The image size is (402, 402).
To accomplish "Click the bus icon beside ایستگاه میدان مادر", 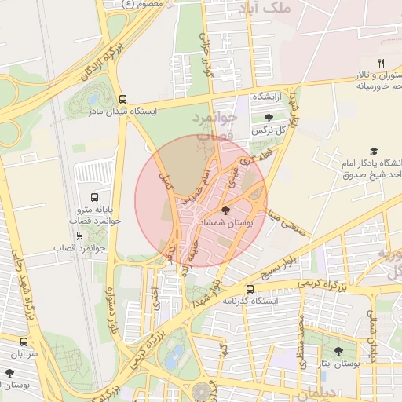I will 122,100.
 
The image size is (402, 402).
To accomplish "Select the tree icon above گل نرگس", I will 269,118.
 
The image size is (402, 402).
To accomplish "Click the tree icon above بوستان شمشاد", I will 227,210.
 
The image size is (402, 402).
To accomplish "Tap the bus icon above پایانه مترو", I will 95,198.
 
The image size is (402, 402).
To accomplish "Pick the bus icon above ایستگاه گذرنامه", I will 250,289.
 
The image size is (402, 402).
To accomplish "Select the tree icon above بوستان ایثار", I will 338,352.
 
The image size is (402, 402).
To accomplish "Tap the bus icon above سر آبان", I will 24,342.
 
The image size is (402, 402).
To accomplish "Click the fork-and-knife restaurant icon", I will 381,63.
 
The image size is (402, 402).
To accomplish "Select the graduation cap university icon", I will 374,150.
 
